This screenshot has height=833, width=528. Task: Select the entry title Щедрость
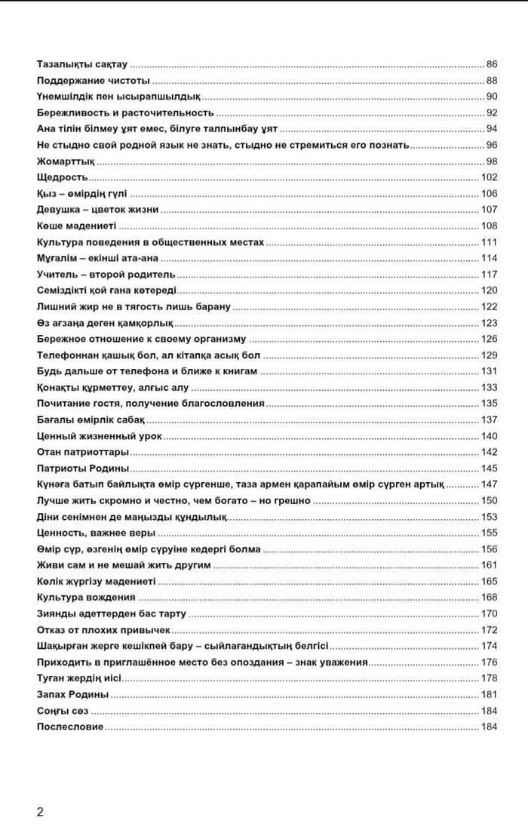coord(63,177)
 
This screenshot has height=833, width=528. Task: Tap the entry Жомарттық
coord(66,161)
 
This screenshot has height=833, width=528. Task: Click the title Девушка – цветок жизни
coord(97,210)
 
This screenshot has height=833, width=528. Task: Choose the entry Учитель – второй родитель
coord(106,274)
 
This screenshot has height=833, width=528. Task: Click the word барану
coord(216,306)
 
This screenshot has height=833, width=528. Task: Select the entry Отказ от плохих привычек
coord(103,629)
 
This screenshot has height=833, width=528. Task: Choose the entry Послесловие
coord(70,727)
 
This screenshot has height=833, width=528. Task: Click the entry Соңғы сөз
coord(63,711)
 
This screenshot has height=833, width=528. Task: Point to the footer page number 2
coord(40,812)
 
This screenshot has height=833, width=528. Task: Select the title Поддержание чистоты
coord(93,81)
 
